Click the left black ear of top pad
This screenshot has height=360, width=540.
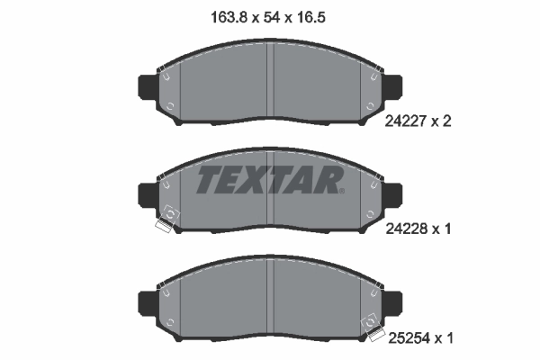pyautogui.click(x=147, y=86)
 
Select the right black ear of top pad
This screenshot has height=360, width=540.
pyautogui.click(x=394, y=86)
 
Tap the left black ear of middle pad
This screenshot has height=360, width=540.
pyautogui.click(x=147, y=193)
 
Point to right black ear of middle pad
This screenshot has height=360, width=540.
pyautogui.click(x=394, y=193)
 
